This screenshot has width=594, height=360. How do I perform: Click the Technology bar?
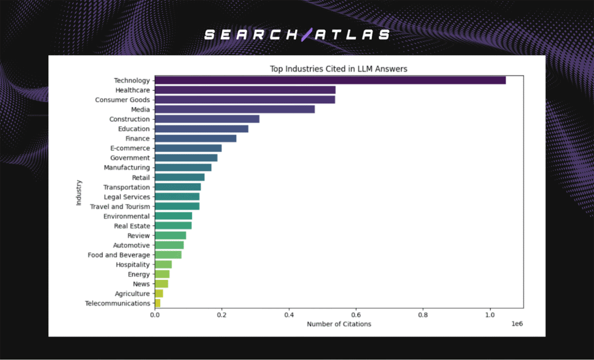(x=330, y=81)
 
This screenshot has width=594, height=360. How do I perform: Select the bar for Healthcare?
(x=245, y=90)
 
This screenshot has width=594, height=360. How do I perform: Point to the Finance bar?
(x=195, y=139)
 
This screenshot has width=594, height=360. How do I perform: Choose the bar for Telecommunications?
(x=157, y=303)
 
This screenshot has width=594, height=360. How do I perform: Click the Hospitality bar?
(x=163, y=264)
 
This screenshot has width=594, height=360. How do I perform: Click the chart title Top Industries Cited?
(x=338, y=69)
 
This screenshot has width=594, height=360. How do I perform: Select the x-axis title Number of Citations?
(x=339, y=324)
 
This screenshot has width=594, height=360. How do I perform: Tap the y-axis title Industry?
(x=79, y=192)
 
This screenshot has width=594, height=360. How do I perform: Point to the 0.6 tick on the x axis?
(x=356, y=315)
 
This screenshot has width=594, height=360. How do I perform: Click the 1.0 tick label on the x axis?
(x=490, y=315)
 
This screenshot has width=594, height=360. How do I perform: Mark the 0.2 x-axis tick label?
(x=222, y=315)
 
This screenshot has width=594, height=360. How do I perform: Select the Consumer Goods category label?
(x=122, y=100)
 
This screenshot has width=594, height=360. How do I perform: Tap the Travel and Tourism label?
(x=119, y=206)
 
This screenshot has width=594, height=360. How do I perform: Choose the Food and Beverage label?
(x=118, y=255)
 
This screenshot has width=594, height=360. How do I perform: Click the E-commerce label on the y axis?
(x=130, y=148)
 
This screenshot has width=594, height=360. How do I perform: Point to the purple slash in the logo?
(x=306, y=35)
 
